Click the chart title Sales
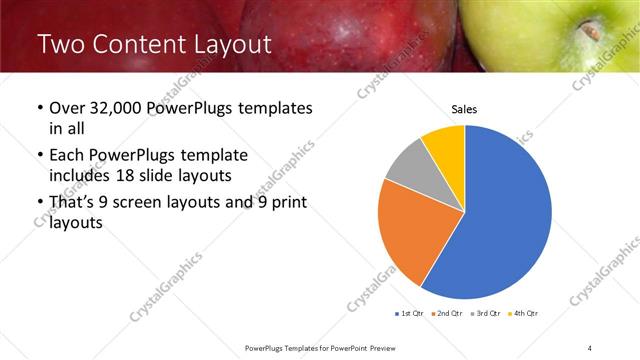point(464,108)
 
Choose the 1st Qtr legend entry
point(410,314)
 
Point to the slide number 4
point(590,347)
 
